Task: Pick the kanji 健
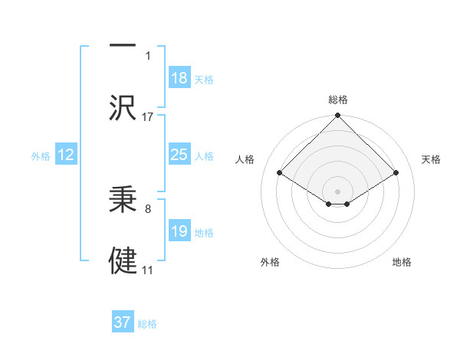tap(123, 260)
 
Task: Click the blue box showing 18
tap(179, 78)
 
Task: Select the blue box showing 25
tap(179, 155)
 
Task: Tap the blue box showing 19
tap(179, 231)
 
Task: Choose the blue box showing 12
tap(66, 155)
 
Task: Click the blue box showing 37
tap(123, 322)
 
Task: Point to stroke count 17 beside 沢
tap(148, 117)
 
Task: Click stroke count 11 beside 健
tap(148, 270)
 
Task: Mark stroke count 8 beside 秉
tap(148, 208)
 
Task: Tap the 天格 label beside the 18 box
tap(204, 80)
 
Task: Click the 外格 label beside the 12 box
tap(41, 156)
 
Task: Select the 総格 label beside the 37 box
tap(147, 324)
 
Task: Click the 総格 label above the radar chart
tap(338, 100)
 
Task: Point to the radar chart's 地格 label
tap(402, 262)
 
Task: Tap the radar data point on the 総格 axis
tap(338, 116)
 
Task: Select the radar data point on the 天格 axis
tap(396, 173)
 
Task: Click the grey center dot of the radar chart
tap(338, 191)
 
